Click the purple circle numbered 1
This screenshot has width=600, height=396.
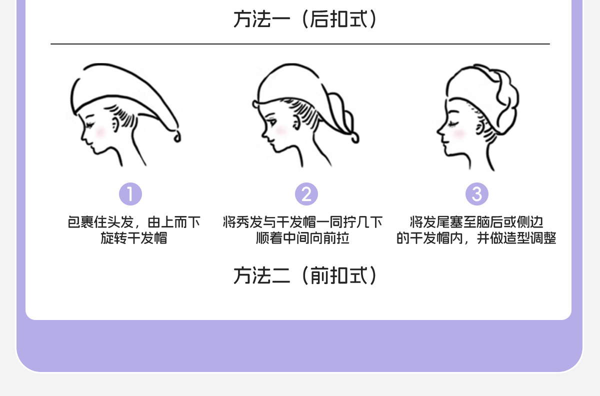tap(130, 194)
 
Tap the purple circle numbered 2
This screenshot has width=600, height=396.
tap(306, 194)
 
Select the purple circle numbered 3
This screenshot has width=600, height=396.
tap(477, 194)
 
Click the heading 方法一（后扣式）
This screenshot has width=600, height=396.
tap(305, 20)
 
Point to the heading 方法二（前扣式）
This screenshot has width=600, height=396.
tap(305, 275)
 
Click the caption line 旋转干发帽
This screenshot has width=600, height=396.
tap(133, 238)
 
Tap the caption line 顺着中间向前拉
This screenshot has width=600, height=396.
tap(302, 238)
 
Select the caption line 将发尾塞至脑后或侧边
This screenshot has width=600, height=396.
tap(476, 222)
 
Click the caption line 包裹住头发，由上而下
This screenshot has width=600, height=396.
tap(133, 222)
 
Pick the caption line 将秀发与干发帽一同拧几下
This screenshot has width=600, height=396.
tap(302, 222)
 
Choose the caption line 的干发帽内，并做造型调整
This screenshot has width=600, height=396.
tap(476, 238)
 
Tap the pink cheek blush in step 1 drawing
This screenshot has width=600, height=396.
tap(100, 131)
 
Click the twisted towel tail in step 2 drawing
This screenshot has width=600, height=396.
tap(345, 117)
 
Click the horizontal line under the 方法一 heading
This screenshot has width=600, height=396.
tap(300, 44)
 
